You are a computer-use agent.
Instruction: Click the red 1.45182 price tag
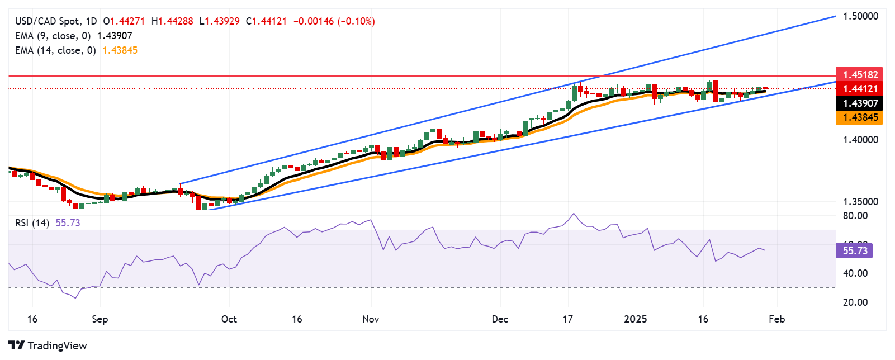[860, 74]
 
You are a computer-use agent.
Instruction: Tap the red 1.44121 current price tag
[860, 89]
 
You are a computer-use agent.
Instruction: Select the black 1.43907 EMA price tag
[860, 103]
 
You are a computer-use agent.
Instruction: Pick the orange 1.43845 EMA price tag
[860, 117]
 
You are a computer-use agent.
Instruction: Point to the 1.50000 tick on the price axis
[860, 16]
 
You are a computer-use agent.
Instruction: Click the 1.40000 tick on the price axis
[860, 140]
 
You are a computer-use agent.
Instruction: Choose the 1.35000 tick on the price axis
[860, 202]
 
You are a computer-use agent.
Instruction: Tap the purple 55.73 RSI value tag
[855, 251]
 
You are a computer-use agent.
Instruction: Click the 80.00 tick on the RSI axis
[855, 216]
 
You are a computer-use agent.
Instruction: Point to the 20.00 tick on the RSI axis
[855, 302]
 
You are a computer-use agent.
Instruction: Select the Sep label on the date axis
[100, 319]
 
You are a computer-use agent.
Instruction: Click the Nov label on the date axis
[371, 319]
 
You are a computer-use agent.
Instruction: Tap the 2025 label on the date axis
[635, 319]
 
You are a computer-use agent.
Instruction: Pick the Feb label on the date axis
[776, 319]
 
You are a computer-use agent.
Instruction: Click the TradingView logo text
[57, 345]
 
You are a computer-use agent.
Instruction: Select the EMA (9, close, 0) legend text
[53, 36]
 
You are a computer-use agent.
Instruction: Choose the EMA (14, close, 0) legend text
[55, 50]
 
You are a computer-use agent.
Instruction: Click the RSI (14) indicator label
[32, 223]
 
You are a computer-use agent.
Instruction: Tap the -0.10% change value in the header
[356, 21]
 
